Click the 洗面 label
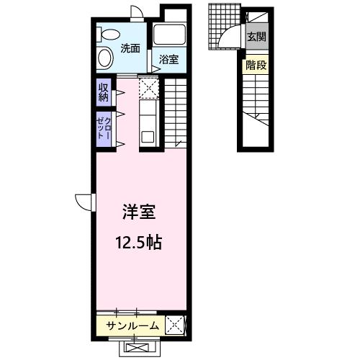130,50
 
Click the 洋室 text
139,212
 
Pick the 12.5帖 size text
139,242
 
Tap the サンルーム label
132,326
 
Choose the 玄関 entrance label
256,37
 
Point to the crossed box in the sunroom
175,326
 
